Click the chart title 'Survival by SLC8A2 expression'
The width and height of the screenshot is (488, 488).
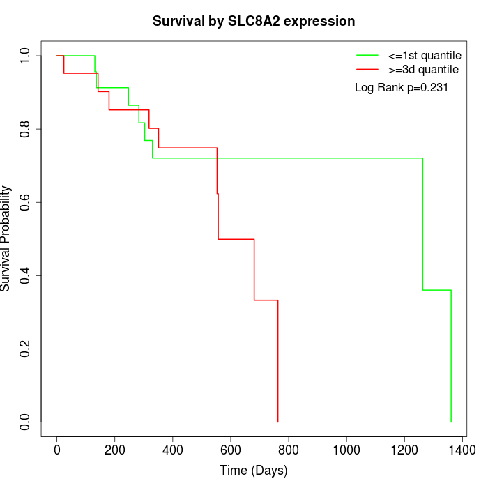(x=254, y=22)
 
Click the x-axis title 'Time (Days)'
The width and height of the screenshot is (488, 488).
(x=254, y=471)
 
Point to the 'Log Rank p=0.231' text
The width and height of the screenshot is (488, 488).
(x=401, y=88)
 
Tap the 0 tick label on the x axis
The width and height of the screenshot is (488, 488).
(x=57, y=450)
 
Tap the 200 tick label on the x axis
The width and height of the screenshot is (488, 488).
(x=115, y=450)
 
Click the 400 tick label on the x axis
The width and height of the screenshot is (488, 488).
(x=173, y=450)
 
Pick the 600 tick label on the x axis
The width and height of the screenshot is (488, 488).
(x=231, y=450)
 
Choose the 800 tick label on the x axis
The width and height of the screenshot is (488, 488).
(x=289, y=450)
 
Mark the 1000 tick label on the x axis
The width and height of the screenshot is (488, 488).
(x=346, y=450)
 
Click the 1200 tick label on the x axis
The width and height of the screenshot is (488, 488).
(x=404, y=450)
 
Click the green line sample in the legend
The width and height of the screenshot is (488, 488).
(x=367, y=55)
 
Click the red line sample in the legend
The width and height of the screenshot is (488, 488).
(x=367, y=69)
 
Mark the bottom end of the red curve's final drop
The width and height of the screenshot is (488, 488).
(x=278, y=422)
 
